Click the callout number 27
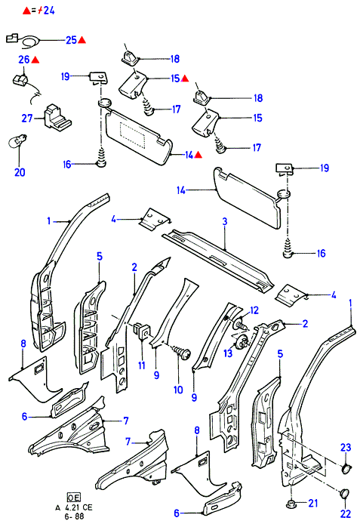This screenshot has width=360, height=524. pyautogui.click(x=27, y=119)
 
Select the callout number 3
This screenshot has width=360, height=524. pyautogui.click(x=225, y=221)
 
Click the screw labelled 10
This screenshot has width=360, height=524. pyautogui.click(x=181, y=353)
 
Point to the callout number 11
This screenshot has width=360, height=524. pyautogui.click(x=142, y=365)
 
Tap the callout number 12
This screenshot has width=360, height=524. pyautogui.click(x=254, y=310)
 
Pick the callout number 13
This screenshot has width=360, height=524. pyautogui.click(x=228, y=353)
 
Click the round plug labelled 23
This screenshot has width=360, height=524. pyautogui.click(x=346, y=469)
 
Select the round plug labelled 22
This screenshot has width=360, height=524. pyautogui.click(x=344, y=494)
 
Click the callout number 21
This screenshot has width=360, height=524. pyautogui.click(x=313, y=503)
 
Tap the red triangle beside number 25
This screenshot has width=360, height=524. pyautogui.click(x=82, y=40)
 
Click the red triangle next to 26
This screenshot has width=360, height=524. pyautogui.click(x=35, y=60)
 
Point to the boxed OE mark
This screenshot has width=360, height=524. pyautogui.click(x=74, y=498)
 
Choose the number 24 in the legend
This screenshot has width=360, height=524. pyautogui.click(x=49, y=11)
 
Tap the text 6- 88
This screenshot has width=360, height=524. pyautogui.click(x=74, y=516)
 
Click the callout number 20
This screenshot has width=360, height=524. pyautogui.click(x=20, y=172)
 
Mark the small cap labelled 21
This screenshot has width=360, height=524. pyautogui.click(x=293, y=504)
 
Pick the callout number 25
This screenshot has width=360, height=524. pyautogui.click(x=71, y=40)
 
